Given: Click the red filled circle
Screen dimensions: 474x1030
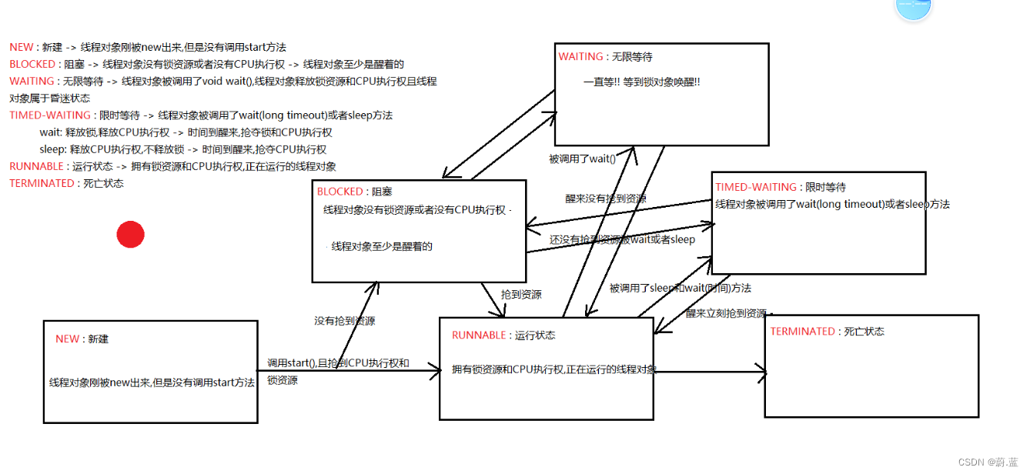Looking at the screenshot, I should [131, 234].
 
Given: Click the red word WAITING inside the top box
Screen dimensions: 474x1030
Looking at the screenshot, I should [580, 57].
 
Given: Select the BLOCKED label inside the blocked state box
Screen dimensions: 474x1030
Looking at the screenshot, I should [339, 192].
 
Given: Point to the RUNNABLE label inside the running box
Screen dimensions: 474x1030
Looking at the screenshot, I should [479, 335].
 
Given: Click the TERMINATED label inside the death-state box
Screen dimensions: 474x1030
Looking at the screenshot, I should [802, 332].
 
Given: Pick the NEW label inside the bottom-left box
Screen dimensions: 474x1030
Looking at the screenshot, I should [67, 339].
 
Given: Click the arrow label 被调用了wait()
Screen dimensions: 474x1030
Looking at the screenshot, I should [582, 159].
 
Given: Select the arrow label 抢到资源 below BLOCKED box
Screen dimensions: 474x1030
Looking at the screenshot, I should [521, 295].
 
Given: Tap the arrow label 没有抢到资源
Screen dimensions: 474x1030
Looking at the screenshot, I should [344, 321].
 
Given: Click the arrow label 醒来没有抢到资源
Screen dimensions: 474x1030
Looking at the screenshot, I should [606, 199].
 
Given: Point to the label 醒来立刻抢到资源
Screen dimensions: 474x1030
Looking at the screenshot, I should [726, 314].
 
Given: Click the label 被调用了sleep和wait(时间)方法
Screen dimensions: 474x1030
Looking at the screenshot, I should [680, 289].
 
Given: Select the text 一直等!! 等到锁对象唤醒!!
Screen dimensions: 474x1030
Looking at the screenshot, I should [642, 82].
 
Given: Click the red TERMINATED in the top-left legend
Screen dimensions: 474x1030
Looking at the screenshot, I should [42, 184].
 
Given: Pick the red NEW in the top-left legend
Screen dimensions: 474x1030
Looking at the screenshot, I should [22, 48].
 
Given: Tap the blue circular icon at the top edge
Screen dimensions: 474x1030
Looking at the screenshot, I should [913, 7].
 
